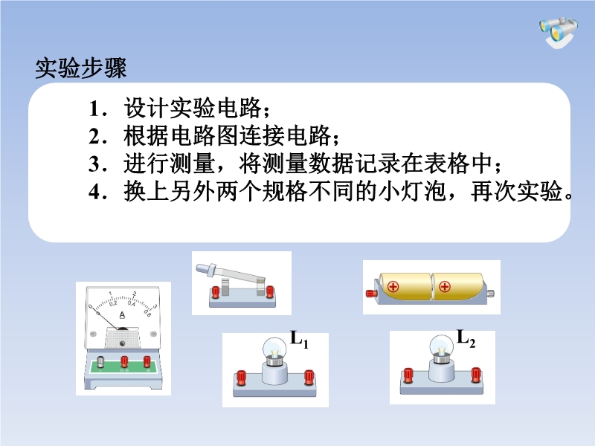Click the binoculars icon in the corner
(559, 32)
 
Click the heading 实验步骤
(80, 68)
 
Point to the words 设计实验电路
(193, 108)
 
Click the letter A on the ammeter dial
(122, 314)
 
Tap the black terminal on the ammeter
(101, 362)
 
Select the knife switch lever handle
(206, 269)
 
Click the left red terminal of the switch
(215, 292)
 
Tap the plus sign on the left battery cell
(393, 286)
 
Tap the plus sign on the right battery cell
(444, 287)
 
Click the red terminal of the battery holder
(370, 293)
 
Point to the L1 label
(299, 338)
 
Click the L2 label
(466, 337)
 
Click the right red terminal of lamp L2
(476, 375)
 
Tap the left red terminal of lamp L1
(241, 378)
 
